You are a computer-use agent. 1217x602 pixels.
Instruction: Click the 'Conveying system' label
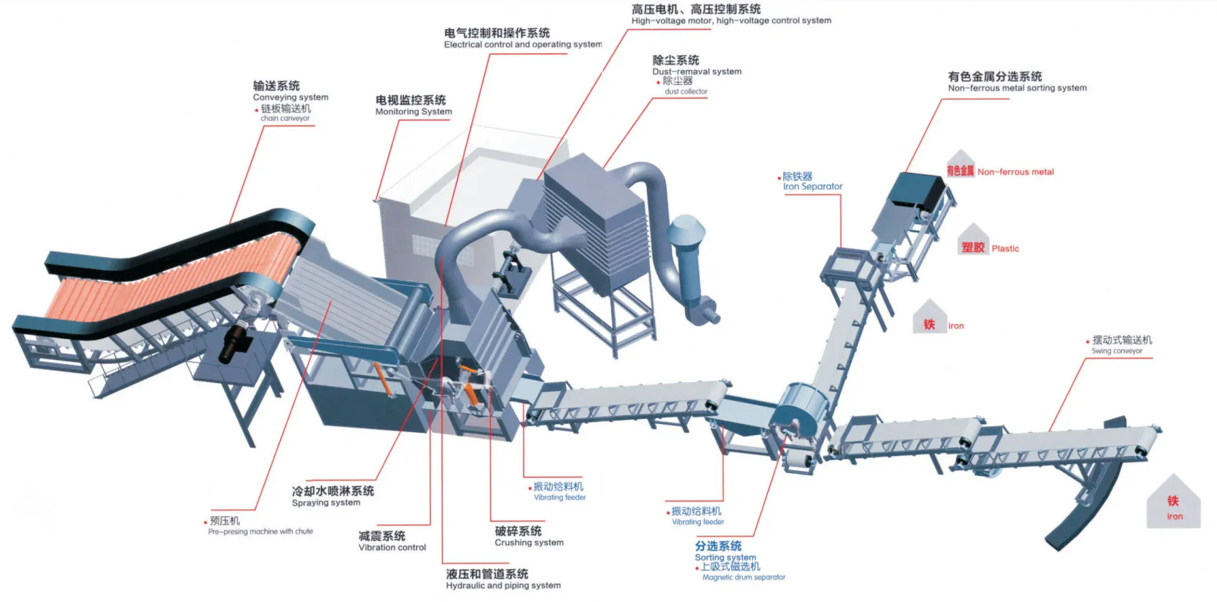pos(290,97)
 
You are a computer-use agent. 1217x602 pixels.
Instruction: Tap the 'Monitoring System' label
pos(413,112)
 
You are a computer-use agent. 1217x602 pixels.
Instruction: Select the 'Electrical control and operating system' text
pos(522,45)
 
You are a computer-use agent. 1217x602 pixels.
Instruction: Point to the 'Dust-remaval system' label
pos(696,71)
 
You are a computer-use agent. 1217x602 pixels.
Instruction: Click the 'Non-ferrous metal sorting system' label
pos(1016,88)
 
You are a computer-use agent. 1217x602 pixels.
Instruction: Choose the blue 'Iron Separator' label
pos(812,187)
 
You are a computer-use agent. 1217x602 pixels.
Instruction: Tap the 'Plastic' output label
pos(1005,248)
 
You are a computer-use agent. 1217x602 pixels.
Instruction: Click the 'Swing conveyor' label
pos(1116,351)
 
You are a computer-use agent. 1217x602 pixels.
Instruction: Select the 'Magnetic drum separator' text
pos(743,577)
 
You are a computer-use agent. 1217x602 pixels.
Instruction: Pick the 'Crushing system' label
pos(528,542)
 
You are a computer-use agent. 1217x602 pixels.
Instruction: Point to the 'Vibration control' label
pos(392,547)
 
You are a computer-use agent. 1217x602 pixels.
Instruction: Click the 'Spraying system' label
pos(325,503)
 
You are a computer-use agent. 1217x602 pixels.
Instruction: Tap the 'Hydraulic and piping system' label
pos(502,585)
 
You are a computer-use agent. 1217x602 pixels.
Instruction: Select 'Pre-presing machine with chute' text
pos(260,531)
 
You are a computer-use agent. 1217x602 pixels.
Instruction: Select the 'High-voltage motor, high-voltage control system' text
pos(730,21)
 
